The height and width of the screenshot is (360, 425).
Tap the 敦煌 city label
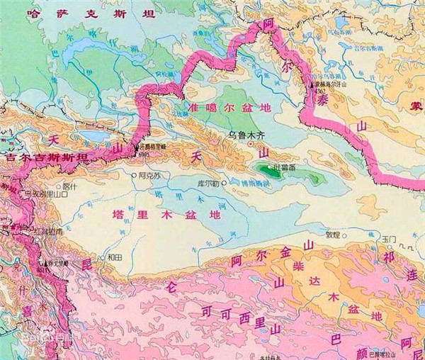(333, 235)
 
